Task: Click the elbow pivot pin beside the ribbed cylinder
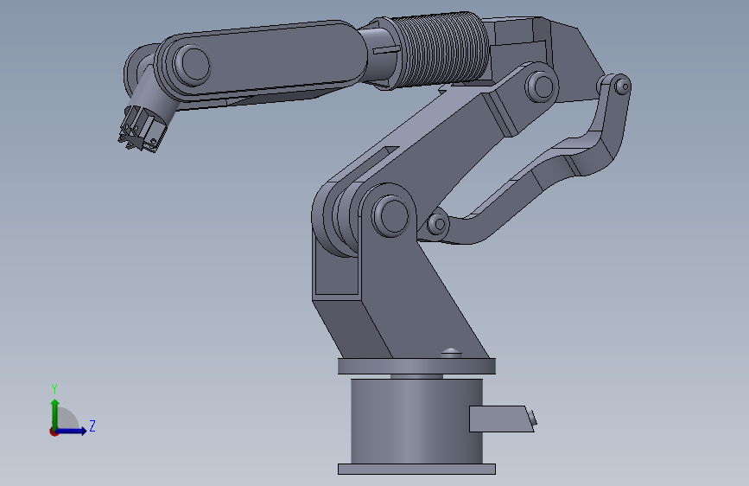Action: click(x=541, y=86)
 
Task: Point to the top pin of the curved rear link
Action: click(x=619, y=86)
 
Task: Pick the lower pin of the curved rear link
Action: click(x=439, y=225)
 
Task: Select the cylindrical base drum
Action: click(x=415, y=421)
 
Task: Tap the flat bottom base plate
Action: click(x=416, y=469)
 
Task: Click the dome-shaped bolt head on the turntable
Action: click(x=450, y=351)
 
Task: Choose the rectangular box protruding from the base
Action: click(x=498, y=419)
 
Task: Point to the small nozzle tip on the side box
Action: click(x=532, y=419)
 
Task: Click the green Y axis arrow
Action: click(x=54, y=410)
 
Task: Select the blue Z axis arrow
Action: click(x=76, y=430)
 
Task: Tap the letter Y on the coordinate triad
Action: click(x=54, y=388)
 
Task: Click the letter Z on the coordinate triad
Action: click(x=92, y=425)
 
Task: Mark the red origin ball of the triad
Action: click(x=54, y=431)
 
